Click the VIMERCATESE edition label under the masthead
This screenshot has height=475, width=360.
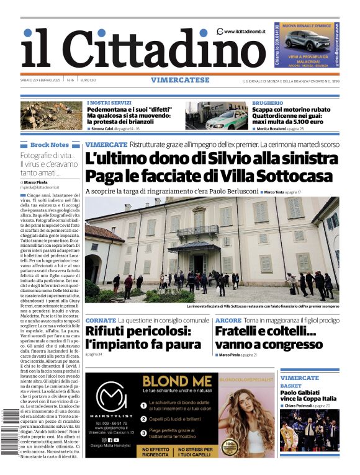point(180,80)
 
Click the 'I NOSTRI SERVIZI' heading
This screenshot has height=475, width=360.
point(109,102)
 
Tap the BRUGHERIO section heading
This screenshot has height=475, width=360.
point(268,102)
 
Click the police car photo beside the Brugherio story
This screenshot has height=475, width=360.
point(216,116)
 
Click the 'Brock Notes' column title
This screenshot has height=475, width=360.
point(50,144)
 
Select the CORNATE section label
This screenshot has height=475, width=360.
point(101,321)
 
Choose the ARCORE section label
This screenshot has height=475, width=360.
point(228,321)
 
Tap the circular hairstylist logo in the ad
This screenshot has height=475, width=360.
point(111,397)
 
